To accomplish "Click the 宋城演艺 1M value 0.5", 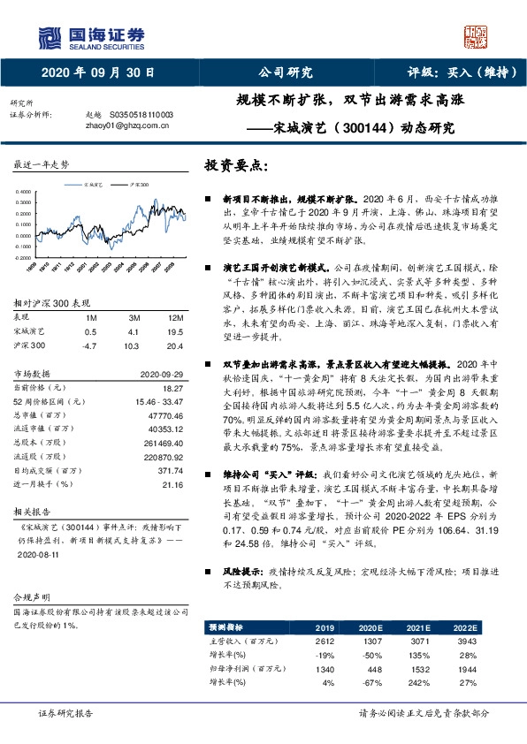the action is [90, 331].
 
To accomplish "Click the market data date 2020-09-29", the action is [161, 374].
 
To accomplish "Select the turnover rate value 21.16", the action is [172, 485].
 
